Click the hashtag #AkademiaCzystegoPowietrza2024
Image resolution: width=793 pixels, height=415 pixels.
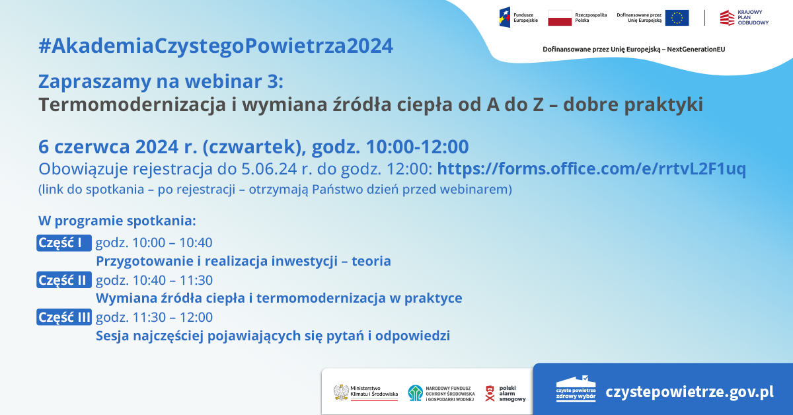215,46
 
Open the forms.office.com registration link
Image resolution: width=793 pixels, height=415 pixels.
591,169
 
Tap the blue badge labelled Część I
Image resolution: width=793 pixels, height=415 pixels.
63,243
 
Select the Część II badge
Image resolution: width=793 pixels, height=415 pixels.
63,280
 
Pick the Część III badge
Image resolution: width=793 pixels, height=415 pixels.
64,317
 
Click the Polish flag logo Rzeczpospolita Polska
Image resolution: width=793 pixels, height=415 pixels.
560,18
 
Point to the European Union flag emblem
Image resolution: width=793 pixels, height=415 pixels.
677,18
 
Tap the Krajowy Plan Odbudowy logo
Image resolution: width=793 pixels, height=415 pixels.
727,18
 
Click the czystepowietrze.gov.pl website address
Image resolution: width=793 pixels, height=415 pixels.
689,392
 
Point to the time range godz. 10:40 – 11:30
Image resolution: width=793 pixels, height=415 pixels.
154,280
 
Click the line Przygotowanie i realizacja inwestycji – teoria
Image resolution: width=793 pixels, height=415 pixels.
243,261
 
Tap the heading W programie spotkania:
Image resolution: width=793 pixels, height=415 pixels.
117,219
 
